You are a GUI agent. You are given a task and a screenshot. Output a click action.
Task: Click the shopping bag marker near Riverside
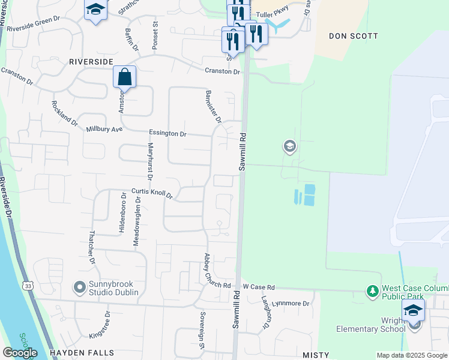(124, 77)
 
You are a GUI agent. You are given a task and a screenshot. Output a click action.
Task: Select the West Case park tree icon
(373, 292)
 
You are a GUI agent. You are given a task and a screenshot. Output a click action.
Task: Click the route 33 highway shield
(29, 286)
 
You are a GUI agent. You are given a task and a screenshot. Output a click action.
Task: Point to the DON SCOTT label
(354, 36)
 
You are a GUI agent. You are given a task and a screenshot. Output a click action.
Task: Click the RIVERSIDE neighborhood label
(91, 61)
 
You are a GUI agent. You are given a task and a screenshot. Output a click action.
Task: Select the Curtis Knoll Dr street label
(152, 193)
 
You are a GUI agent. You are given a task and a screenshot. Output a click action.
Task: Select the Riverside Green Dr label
(35, 27)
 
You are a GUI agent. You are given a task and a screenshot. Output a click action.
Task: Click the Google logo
(20, 352)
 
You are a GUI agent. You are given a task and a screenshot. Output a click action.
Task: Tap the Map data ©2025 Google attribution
(412, 355)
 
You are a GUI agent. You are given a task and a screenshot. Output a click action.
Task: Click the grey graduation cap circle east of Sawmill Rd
(290, 146)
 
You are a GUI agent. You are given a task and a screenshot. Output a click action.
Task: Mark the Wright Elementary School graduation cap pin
(413, 311)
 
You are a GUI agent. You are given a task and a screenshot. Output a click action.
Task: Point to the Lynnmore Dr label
(290, 304)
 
